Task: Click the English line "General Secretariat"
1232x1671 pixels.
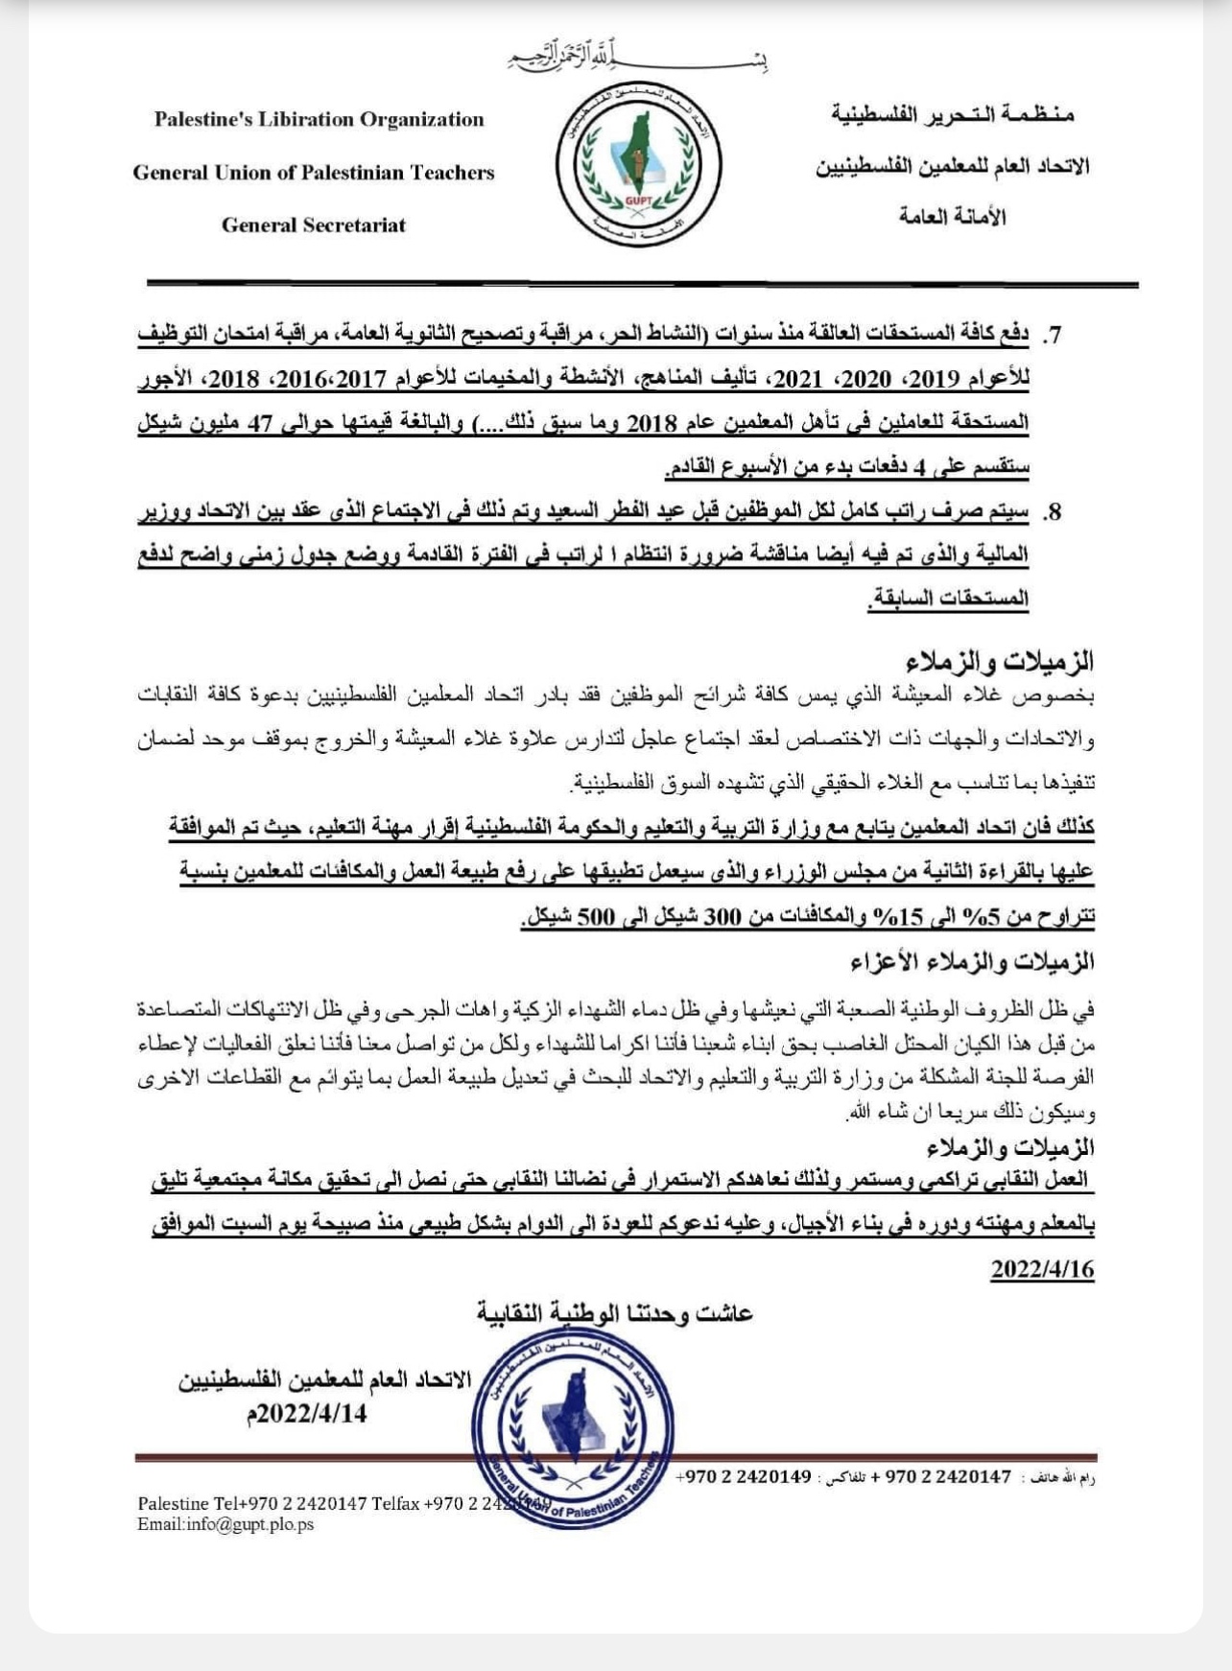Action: (x=314, y=225)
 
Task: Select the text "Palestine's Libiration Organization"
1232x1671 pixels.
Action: (x=319, y=120)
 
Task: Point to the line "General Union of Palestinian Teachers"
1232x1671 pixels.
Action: (x=314, y=173)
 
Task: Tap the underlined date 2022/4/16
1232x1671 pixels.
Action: (x=1042, y=1269)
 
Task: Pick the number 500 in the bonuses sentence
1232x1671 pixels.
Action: (x=595, y=916)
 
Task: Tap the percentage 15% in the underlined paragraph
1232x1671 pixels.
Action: (x=903, y=916)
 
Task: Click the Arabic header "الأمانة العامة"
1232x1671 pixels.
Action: (x=952, y=217)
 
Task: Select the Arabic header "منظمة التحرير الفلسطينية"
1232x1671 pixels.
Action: (x=952, y=115)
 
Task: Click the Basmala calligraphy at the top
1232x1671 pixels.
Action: (x=637, y=58)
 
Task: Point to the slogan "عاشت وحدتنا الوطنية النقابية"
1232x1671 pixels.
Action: (x=615, y=1313)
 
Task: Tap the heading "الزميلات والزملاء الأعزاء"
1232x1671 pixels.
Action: (x=972, y=961)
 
